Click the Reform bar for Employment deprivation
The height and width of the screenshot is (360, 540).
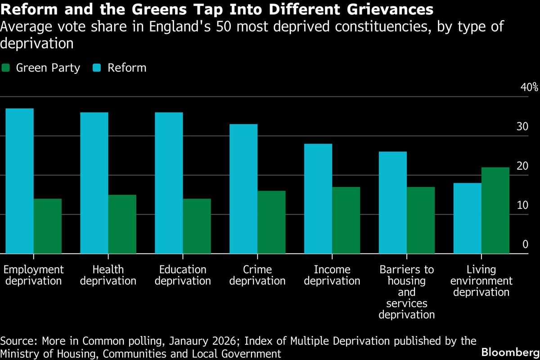point(19,181)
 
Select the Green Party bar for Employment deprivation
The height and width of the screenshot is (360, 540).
point(47,226)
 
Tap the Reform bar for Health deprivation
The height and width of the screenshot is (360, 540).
point(94,183)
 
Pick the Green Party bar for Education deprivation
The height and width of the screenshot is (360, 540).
point(197,226)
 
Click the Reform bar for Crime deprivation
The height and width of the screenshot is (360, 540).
point(243,189)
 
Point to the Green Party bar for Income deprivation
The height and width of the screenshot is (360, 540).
point(346,220)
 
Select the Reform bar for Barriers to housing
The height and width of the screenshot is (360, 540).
point(393,202)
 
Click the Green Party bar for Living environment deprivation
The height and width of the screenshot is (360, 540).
point(495,211)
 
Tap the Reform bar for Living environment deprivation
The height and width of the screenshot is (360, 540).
point(468,218)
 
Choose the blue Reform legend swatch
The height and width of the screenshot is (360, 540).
point(97,68)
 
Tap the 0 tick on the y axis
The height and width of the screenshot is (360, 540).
point(525,244)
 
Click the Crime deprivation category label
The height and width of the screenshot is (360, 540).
point(257,275)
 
